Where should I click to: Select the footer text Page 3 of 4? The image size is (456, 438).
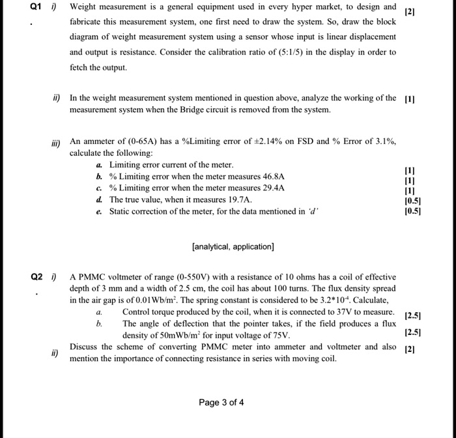click(x=221, y=402)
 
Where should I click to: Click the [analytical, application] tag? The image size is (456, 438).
click(x=233, y=246)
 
